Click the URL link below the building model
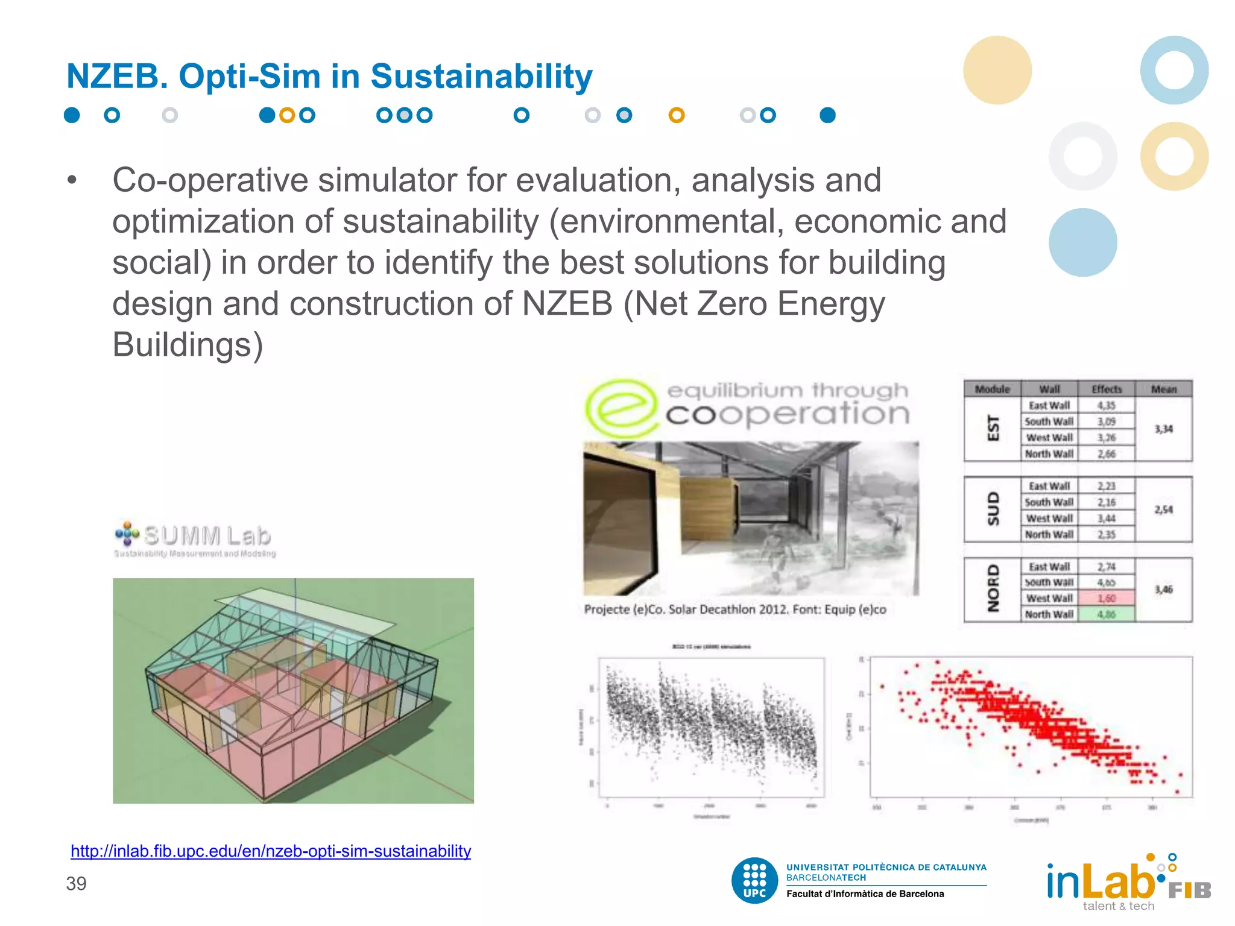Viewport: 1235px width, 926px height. click(x=271, y=851)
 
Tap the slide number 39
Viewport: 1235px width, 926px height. click(x=76, y=883)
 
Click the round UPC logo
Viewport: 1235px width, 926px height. click(x=754, y=880)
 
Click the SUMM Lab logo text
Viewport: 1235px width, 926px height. click(x=207, y=535)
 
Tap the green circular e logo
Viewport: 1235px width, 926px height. click(x=621, y=408)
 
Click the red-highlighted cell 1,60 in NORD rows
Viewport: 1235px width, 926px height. click(x=1106, y=598)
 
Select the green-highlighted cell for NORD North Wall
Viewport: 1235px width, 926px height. click(x=1106, y=614)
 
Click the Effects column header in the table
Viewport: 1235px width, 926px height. click(x=1106, y=389)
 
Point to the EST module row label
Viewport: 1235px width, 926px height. click(x=993, y=429)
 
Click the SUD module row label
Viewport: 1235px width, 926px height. click(x=993, y=509)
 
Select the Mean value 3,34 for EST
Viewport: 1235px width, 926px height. click(x=1163, y=429)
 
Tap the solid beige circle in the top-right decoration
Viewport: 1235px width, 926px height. click(x=997, y=70)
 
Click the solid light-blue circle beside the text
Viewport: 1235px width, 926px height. click(x=1082, y=242)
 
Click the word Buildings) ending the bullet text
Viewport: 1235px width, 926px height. click(x=188, y=345)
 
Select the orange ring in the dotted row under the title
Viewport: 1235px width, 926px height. click(x=677, y=115)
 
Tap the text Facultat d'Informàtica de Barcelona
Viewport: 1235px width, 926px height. click(x=865, y=894)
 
